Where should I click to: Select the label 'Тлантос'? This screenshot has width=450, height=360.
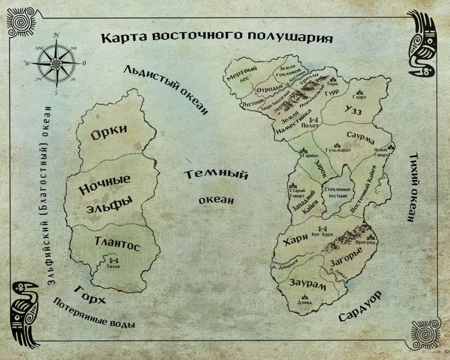[x=116, y=244]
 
